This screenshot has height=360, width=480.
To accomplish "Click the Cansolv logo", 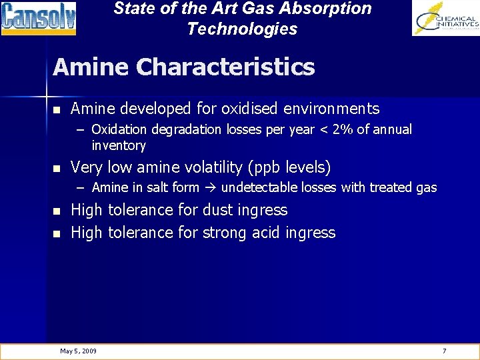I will [38, 18].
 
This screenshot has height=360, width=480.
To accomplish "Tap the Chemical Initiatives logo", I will [445, 18].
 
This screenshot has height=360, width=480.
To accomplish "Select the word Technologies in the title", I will [242, 29].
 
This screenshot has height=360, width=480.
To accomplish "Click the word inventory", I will [119, 145].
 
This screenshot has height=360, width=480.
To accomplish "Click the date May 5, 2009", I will [78, 351].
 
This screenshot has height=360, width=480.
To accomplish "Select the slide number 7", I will [445, 351].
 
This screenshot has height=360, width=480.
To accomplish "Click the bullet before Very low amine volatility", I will [58, 168].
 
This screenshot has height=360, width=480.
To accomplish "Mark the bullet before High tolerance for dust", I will [58, 211].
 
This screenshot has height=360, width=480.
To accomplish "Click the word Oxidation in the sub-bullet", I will [118, 129].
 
